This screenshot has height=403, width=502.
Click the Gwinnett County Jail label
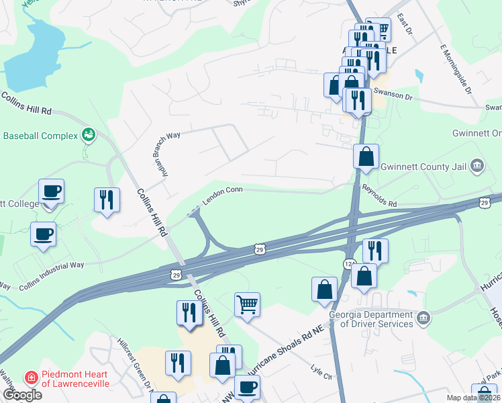click(423, 167)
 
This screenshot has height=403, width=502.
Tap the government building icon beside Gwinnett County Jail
click(476, 165)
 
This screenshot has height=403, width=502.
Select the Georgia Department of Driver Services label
click(370, 320)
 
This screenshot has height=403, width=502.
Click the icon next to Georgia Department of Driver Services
click(423, 318)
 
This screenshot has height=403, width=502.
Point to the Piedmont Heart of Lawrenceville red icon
click(30, 377)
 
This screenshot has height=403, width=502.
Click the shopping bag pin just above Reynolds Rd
click(366, 157)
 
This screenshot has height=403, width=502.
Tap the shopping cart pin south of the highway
click(247, 304)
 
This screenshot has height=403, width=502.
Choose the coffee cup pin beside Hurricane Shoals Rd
click(247, 388)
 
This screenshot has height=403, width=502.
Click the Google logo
click(22, 395)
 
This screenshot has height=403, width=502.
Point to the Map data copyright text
click(473, 398)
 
